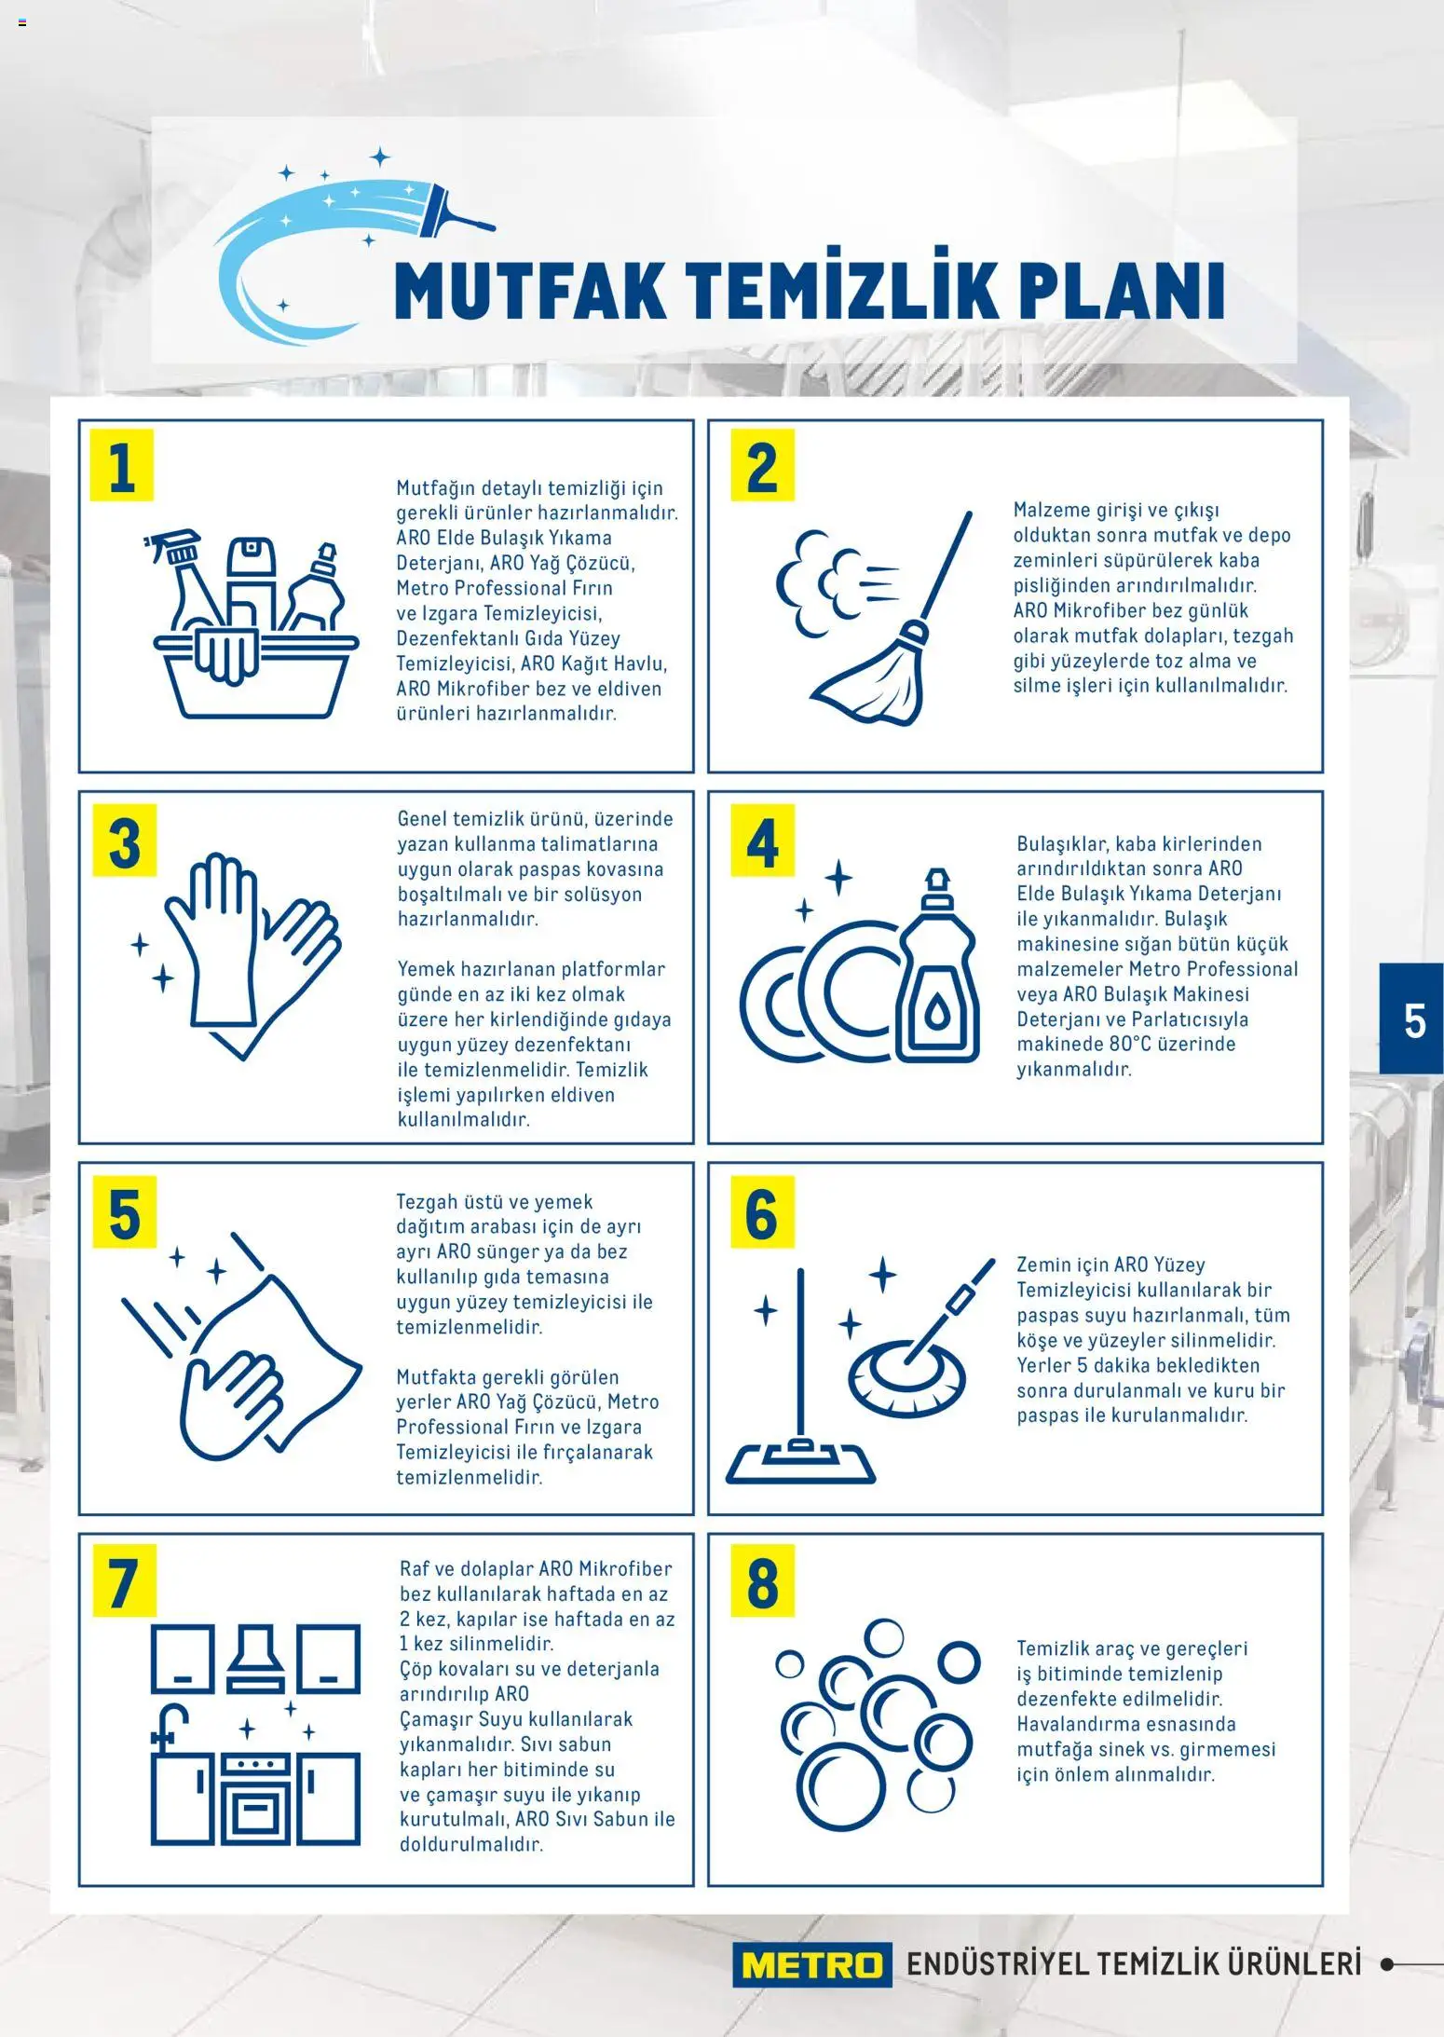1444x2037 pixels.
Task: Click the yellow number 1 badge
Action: tap(122, 466)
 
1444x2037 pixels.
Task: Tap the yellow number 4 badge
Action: tap(762, 841)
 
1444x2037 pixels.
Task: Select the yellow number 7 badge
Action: tap(124, 1582)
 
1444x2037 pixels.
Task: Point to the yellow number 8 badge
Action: tap(762, 1582)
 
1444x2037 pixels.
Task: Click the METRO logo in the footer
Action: tap(811, 1964)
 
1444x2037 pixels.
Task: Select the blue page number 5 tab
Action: tap(1412, 1019)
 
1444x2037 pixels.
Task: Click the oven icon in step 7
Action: tap(256, 1798)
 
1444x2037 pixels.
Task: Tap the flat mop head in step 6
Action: tap(800, 1462)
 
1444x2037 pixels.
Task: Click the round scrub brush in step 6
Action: tap(906, 1374)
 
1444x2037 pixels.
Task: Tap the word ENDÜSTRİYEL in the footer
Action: tap(997, 1964)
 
